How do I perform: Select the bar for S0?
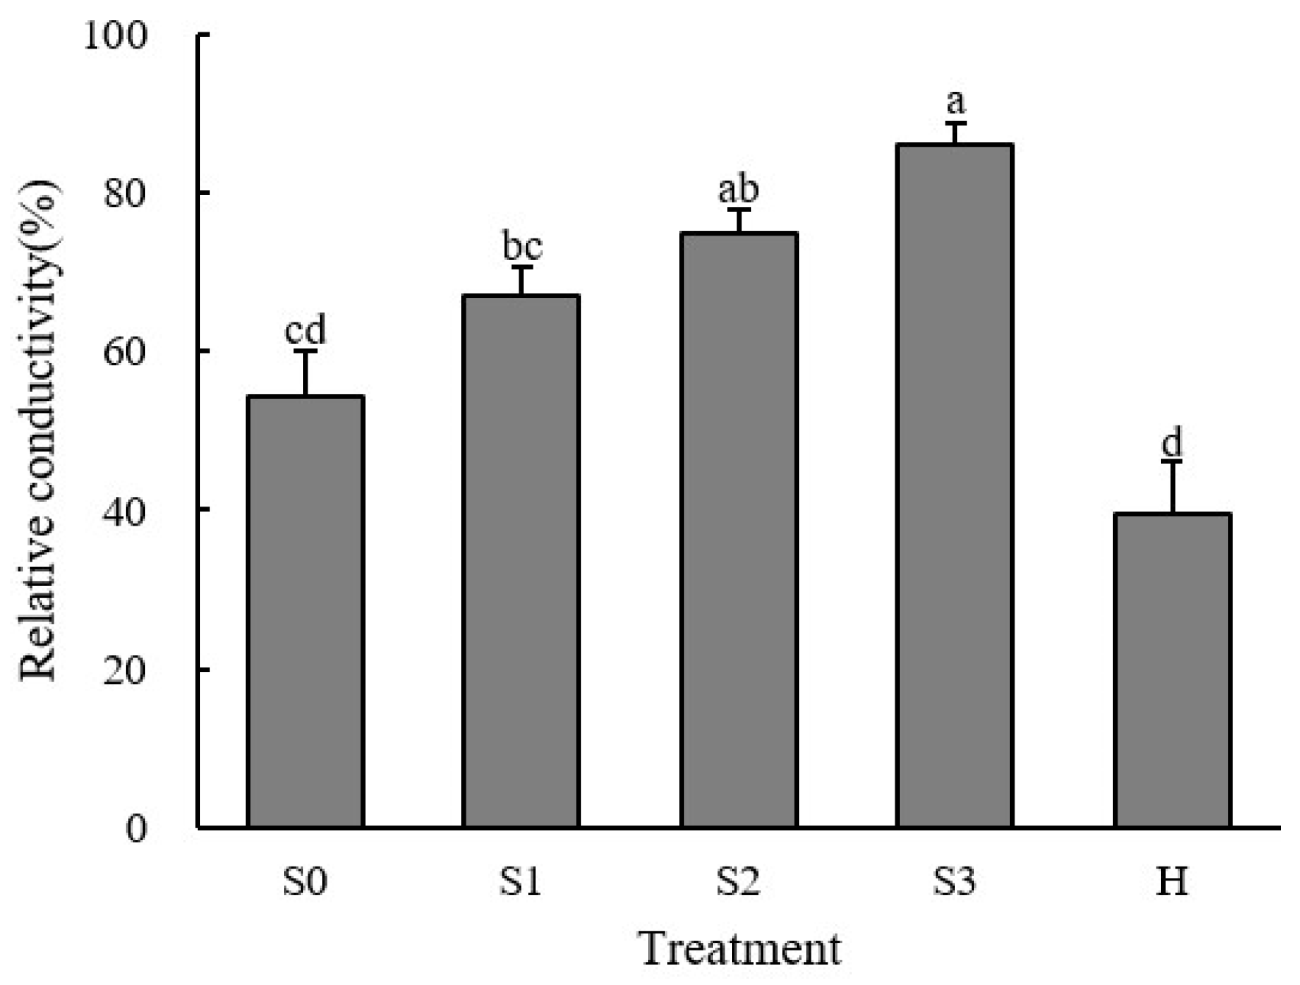click(305, 611)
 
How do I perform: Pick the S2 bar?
click(739, 530)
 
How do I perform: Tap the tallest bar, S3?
click(954, 486)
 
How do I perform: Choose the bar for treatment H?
click(1172, 670)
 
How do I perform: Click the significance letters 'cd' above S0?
click(305, 331)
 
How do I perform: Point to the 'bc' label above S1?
click(522, 247)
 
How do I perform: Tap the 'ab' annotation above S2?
click(738, 189)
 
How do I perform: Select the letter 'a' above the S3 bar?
click(956, 102)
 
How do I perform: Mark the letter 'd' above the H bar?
click(1172, 443)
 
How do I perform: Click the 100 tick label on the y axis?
click(116, 35)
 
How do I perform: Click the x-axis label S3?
click(954, 881)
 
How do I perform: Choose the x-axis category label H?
click(1171, 881)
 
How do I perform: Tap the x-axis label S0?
click(305, 881)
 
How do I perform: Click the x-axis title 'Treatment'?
click(740, 949)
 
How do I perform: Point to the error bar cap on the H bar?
click(1172, 462)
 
